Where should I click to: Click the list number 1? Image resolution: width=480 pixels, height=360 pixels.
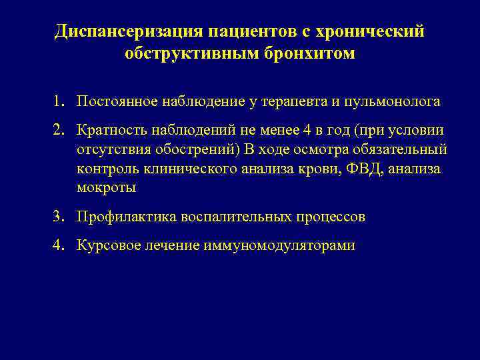click(x=60, y=101)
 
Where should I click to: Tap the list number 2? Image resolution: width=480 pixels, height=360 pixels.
click(x=60, y=130)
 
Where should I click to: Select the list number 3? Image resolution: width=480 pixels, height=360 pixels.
click(x=60, y=217)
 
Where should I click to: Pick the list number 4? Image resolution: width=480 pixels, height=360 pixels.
click(x=60, y=245)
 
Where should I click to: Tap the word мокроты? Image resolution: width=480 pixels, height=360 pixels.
click(x=106, y=188)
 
